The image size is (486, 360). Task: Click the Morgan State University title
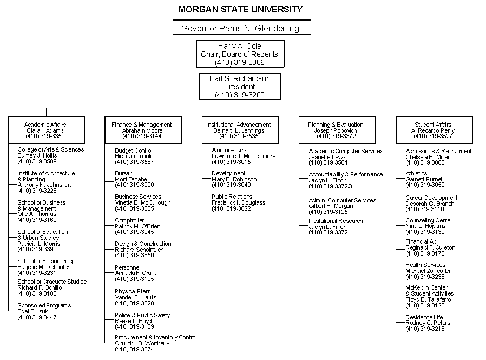pyautogui.click(x=240, y=9)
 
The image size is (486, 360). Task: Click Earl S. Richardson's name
pyautogui.click(x=240, y=78)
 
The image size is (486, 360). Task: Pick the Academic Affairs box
pyautogui.click(x=45, y=130)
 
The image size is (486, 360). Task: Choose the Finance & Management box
pyautogui.click(x=142, y=130)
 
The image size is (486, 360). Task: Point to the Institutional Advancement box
pyautogui.click(x=239, y=130)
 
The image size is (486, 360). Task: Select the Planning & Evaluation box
pyautogui.click(x=336, y=130)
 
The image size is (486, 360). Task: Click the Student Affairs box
pyautogui.click(x=433, y=130)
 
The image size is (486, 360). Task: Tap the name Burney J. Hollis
pyautogui.click(x=37, y=155)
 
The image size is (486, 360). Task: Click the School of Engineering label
pyautogui.click(x=45, y=261)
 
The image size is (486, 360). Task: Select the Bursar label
pyautogui.click(x=123, y=173)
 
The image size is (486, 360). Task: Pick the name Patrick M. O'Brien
pyautogui.click(x=137, y=226)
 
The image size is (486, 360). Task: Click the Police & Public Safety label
pyautogui.click(x=142, y=315)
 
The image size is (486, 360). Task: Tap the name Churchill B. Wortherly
pyautogui.click(x=142, y=343)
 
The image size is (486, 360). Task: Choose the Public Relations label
pyautogui.click(x=232, y=197)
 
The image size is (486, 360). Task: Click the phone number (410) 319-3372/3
pyautogui.click(x=331, y=186)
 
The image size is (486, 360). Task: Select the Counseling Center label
pyautogui.click(x=429, y=220)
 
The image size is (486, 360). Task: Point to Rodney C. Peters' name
pyautogui.click(x=428, y=323)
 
